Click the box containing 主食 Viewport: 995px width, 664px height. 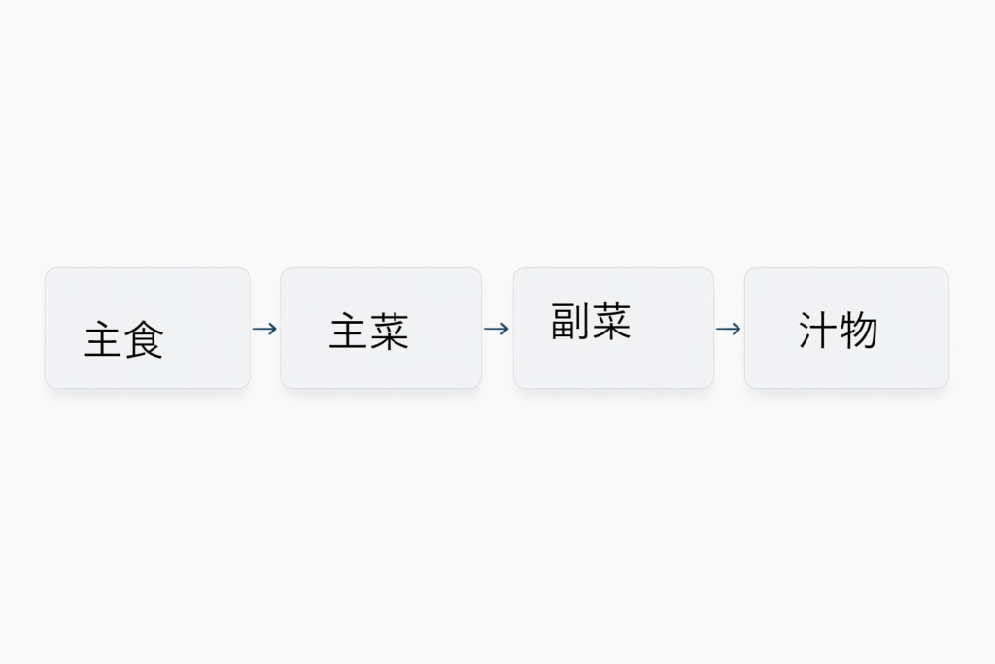[148, 328]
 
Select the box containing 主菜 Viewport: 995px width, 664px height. [381, 328]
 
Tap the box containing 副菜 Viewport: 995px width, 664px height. [614, 328]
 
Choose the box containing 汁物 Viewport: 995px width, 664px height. [846, 328]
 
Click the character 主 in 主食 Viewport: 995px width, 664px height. [103, 339]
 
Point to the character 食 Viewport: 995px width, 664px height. [144, 339]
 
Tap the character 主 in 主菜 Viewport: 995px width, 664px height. [349, 331]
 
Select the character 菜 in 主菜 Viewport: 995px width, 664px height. [390, 331]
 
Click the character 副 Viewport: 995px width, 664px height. [569, 321]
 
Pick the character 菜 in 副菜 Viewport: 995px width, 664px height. [611, 321]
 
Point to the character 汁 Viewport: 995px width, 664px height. [817, 331]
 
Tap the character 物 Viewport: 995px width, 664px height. [859, 331]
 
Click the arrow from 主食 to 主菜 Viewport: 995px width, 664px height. [264, 329]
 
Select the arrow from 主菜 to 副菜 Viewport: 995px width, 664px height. [497, 329]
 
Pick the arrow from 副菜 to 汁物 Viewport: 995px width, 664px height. [729, 329]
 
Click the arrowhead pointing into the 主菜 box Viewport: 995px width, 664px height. [273, 329]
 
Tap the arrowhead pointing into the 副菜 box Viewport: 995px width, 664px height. [505, 329]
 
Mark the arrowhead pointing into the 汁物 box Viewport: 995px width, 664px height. [738, 329]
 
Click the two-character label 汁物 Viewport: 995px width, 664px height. [839, 331]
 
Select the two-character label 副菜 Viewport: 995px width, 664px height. [591, 321]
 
